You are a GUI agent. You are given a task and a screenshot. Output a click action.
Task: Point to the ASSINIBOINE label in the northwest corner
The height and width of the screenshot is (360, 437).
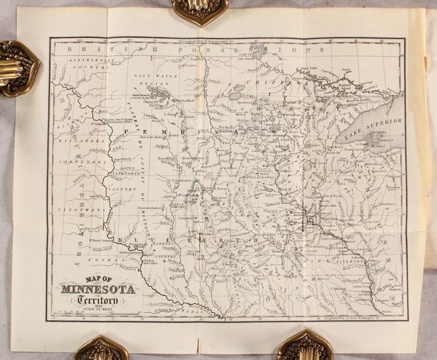coord(79,59)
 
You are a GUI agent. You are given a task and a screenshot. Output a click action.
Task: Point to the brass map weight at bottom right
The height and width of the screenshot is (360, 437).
coord(305,345)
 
